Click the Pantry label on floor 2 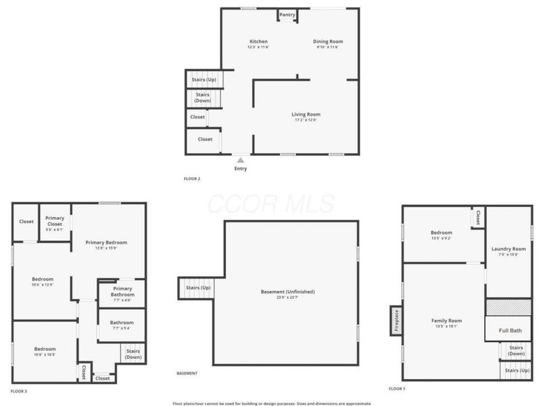point(287,14)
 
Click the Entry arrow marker point(239,160)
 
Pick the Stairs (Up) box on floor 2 point(204,81)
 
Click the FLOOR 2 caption point(192,179)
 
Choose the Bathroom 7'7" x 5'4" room point(122,324)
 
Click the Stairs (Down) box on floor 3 point(133,353)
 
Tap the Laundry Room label point(509,250)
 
